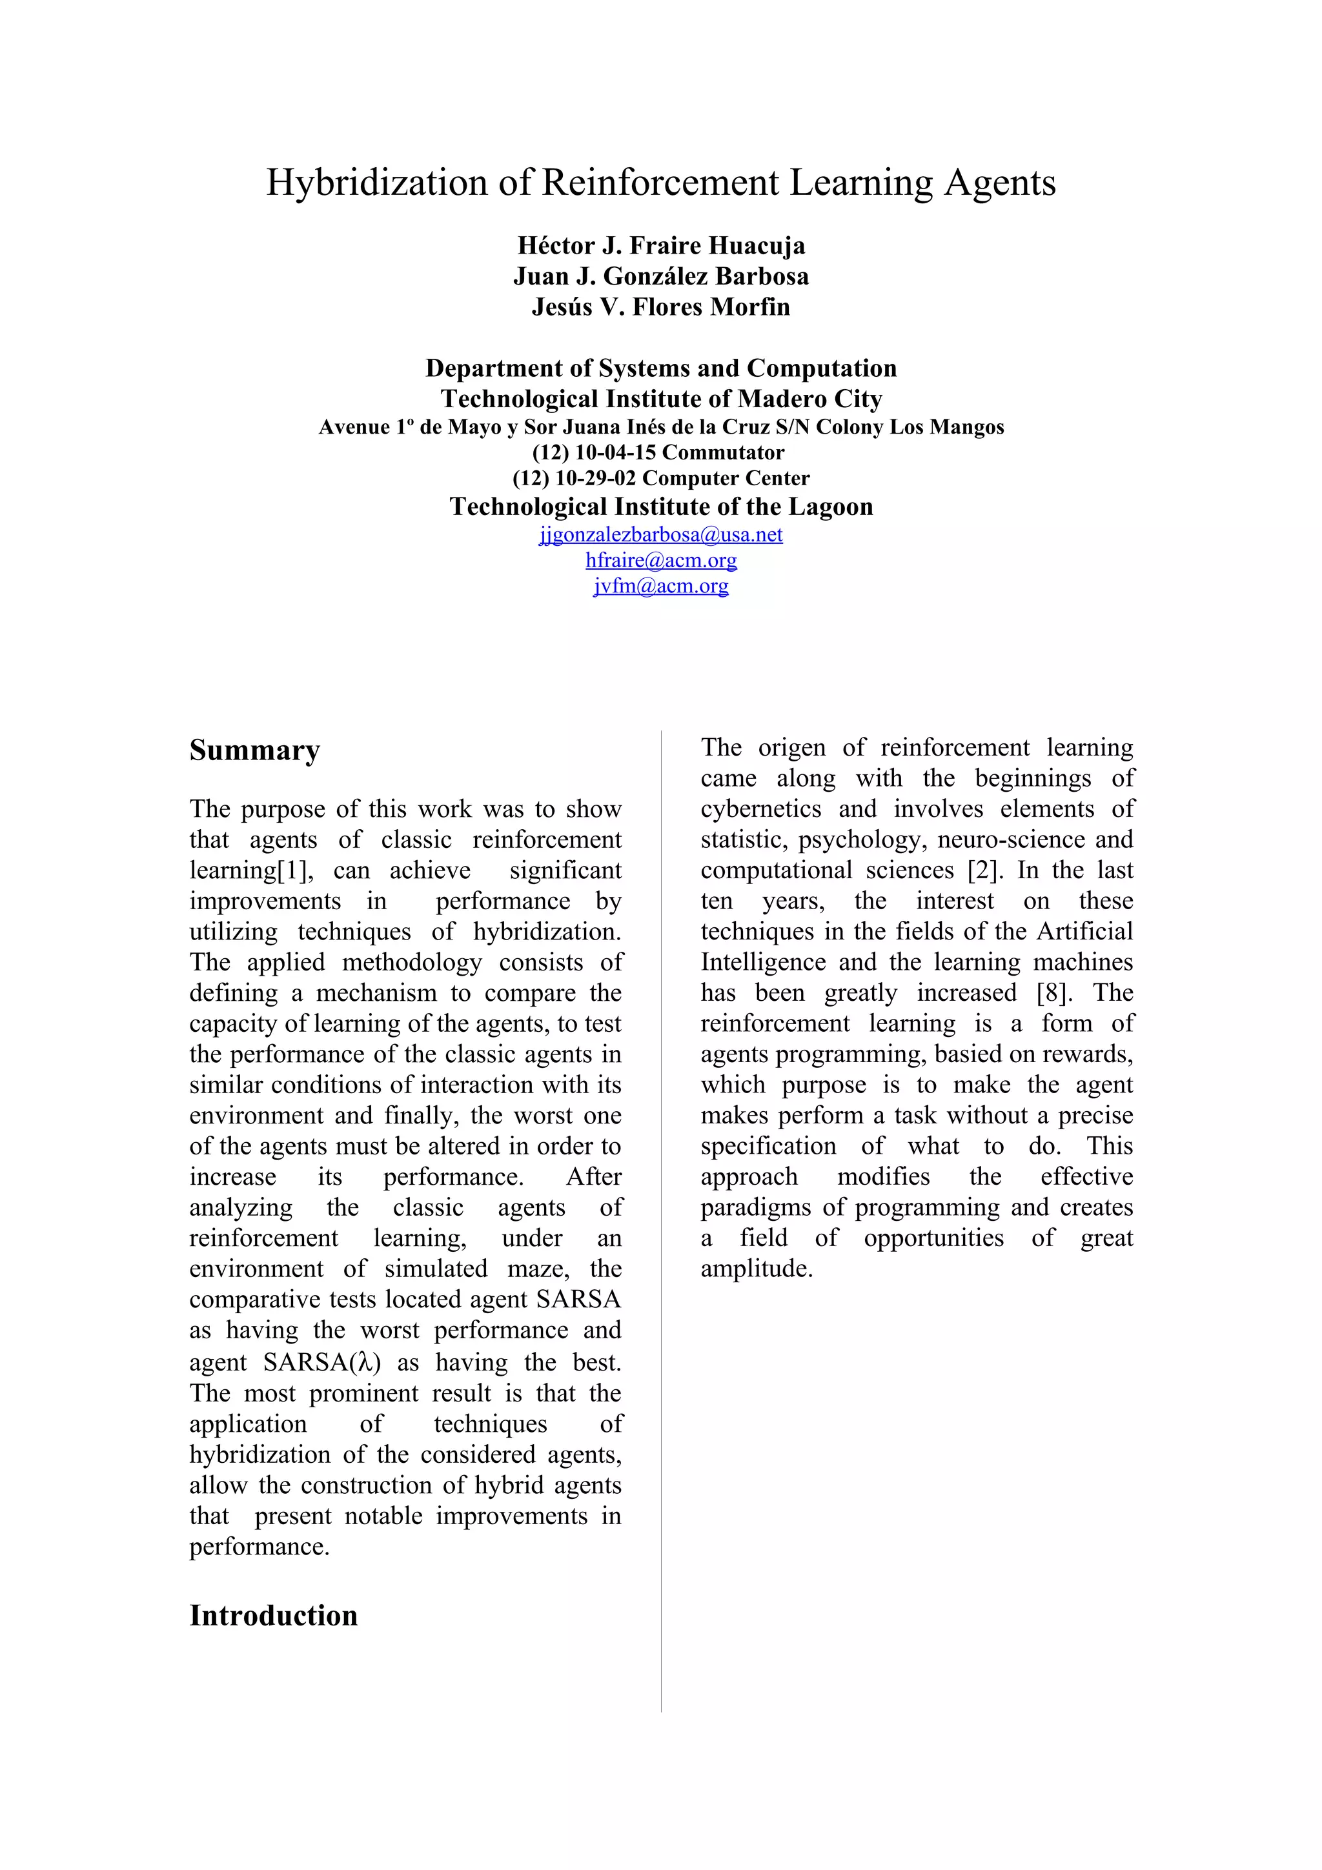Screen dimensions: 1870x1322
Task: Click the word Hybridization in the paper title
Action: point(376,183)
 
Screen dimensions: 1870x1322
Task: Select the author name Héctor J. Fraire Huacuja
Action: point(660,245)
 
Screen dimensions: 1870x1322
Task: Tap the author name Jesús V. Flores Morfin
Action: point(660,307)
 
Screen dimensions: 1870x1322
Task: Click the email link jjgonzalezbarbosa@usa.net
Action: point(660,534)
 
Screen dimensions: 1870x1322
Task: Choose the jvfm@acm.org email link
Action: point(660,586)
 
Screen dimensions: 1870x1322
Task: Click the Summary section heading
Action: point(254,750)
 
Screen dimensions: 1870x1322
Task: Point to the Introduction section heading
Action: point(273,1615)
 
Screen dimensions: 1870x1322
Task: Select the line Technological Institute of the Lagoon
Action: point(660,507)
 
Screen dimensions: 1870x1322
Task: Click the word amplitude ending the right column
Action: point(756,1269)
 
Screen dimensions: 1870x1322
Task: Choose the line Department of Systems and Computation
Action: point(660,368)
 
